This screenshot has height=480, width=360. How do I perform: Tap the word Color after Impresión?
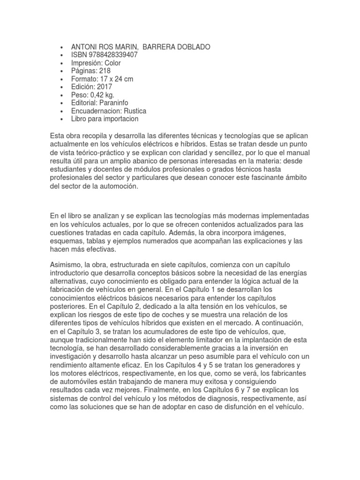112,63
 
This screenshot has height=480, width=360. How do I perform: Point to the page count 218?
105,71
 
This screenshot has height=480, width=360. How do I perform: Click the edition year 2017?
104,87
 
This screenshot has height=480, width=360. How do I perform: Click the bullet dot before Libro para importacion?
62,119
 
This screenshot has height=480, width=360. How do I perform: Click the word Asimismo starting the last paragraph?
65,266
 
